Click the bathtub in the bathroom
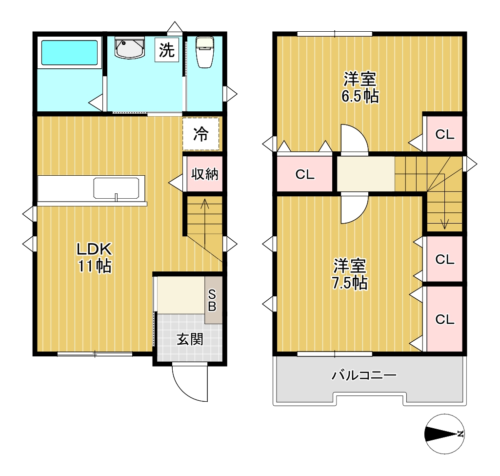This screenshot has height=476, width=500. (x=70, y=52)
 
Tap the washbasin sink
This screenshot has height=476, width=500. (x=129, y=48)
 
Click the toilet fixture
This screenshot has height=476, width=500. (x=204, y=52)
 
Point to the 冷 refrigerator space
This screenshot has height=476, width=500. (x=201, y=134)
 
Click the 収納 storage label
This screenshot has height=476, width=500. (x=205, y=174)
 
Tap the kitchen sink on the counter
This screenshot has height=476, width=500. (x=116, y=188)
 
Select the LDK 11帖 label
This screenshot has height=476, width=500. (x=94, y=257)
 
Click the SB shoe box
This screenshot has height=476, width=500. (x=213, y=300)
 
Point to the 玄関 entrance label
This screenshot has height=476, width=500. (x=190, y=339)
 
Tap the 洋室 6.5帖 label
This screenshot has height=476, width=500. (x=360, y=87)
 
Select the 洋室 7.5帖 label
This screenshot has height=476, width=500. (x=350, y=274)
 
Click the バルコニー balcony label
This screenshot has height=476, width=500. (x=364, y=375)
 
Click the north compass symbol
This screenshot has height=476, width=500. (x=444, y=434)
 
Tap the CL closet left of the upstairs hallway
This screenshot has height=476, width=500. (x=304, y=174)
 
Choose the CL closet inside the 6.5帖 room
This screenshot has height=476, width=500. (x=444, y=134)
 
